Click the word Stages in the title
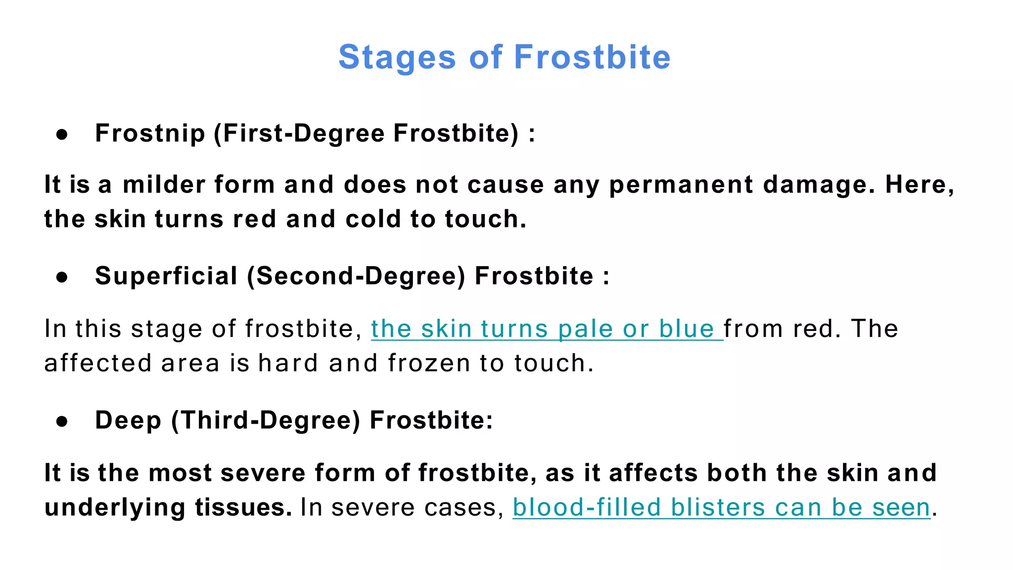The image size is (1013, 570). [x=397, y=57]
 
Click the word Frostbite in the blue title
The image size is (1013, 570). [x=592, y=57]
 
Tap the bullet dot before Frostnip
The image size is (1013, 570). [x=62, y=134]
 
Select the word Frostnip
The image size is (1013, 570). [x=150, y=134]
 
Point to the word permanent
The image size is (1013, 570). [x=681, y=185]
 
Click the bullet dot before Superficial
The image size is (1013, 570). [x=62, y=277]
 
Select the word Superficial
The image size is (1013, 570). [x=166, y=276]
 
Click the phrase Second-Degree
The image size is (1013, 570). [x=356, y=276]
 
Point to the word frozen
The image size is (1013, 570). [x=429, y=364]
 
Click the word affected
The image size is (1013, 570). [x=98, y=364]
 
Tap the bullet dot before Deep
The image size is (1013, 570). [x=62, y=421]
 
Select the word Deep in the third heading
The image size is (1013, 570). [x=128, y=421]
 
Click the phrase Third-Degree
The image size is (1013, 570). [x=266, y=421]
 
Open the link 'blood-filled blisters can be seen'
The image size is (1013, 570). [x=721, y=508]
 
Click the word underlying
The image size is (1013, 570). [x=115, y=508]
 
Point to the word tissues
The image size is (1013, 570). [x=243, y=508]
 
